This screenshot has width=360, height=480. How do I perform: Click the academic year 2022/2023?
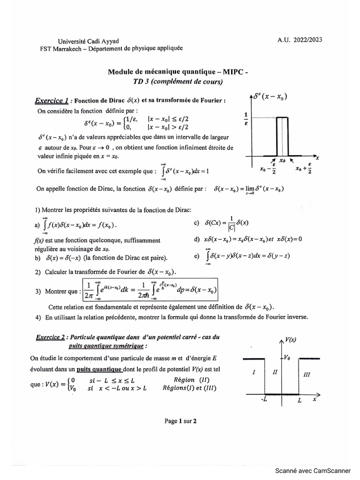[x=303, y=40]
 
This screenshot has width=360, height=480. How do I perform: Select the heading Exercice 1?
[x=52, y=100]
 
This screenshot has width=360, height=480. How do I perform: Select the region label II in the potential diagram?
[x=275, y=373]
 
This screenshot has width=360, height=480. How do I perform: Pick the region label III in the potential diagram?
[x=307, y=375]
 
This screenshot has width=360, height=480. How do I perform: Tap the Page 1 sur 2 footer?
[x=180, y=421]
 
